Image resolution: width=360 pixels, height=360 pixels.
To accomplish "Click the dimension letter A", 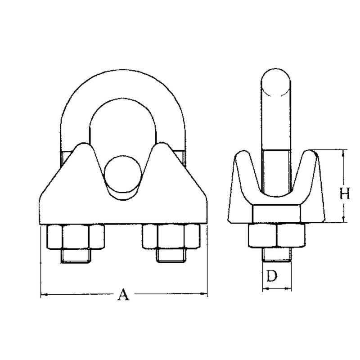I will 123,295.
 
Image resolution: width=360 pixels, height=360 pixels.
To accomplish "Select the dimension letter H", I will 344,194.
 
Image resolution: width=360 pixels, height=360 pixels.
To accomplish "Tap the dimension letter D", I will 271,276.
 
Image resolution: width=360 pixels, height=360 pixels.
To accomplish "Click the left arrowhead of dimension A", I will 43,295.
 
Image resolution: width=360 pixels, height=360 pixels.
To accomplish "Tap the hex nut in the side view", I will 276,235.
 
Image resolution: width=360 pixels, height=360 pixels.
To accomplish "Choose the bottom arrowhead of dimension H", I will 344,220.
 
